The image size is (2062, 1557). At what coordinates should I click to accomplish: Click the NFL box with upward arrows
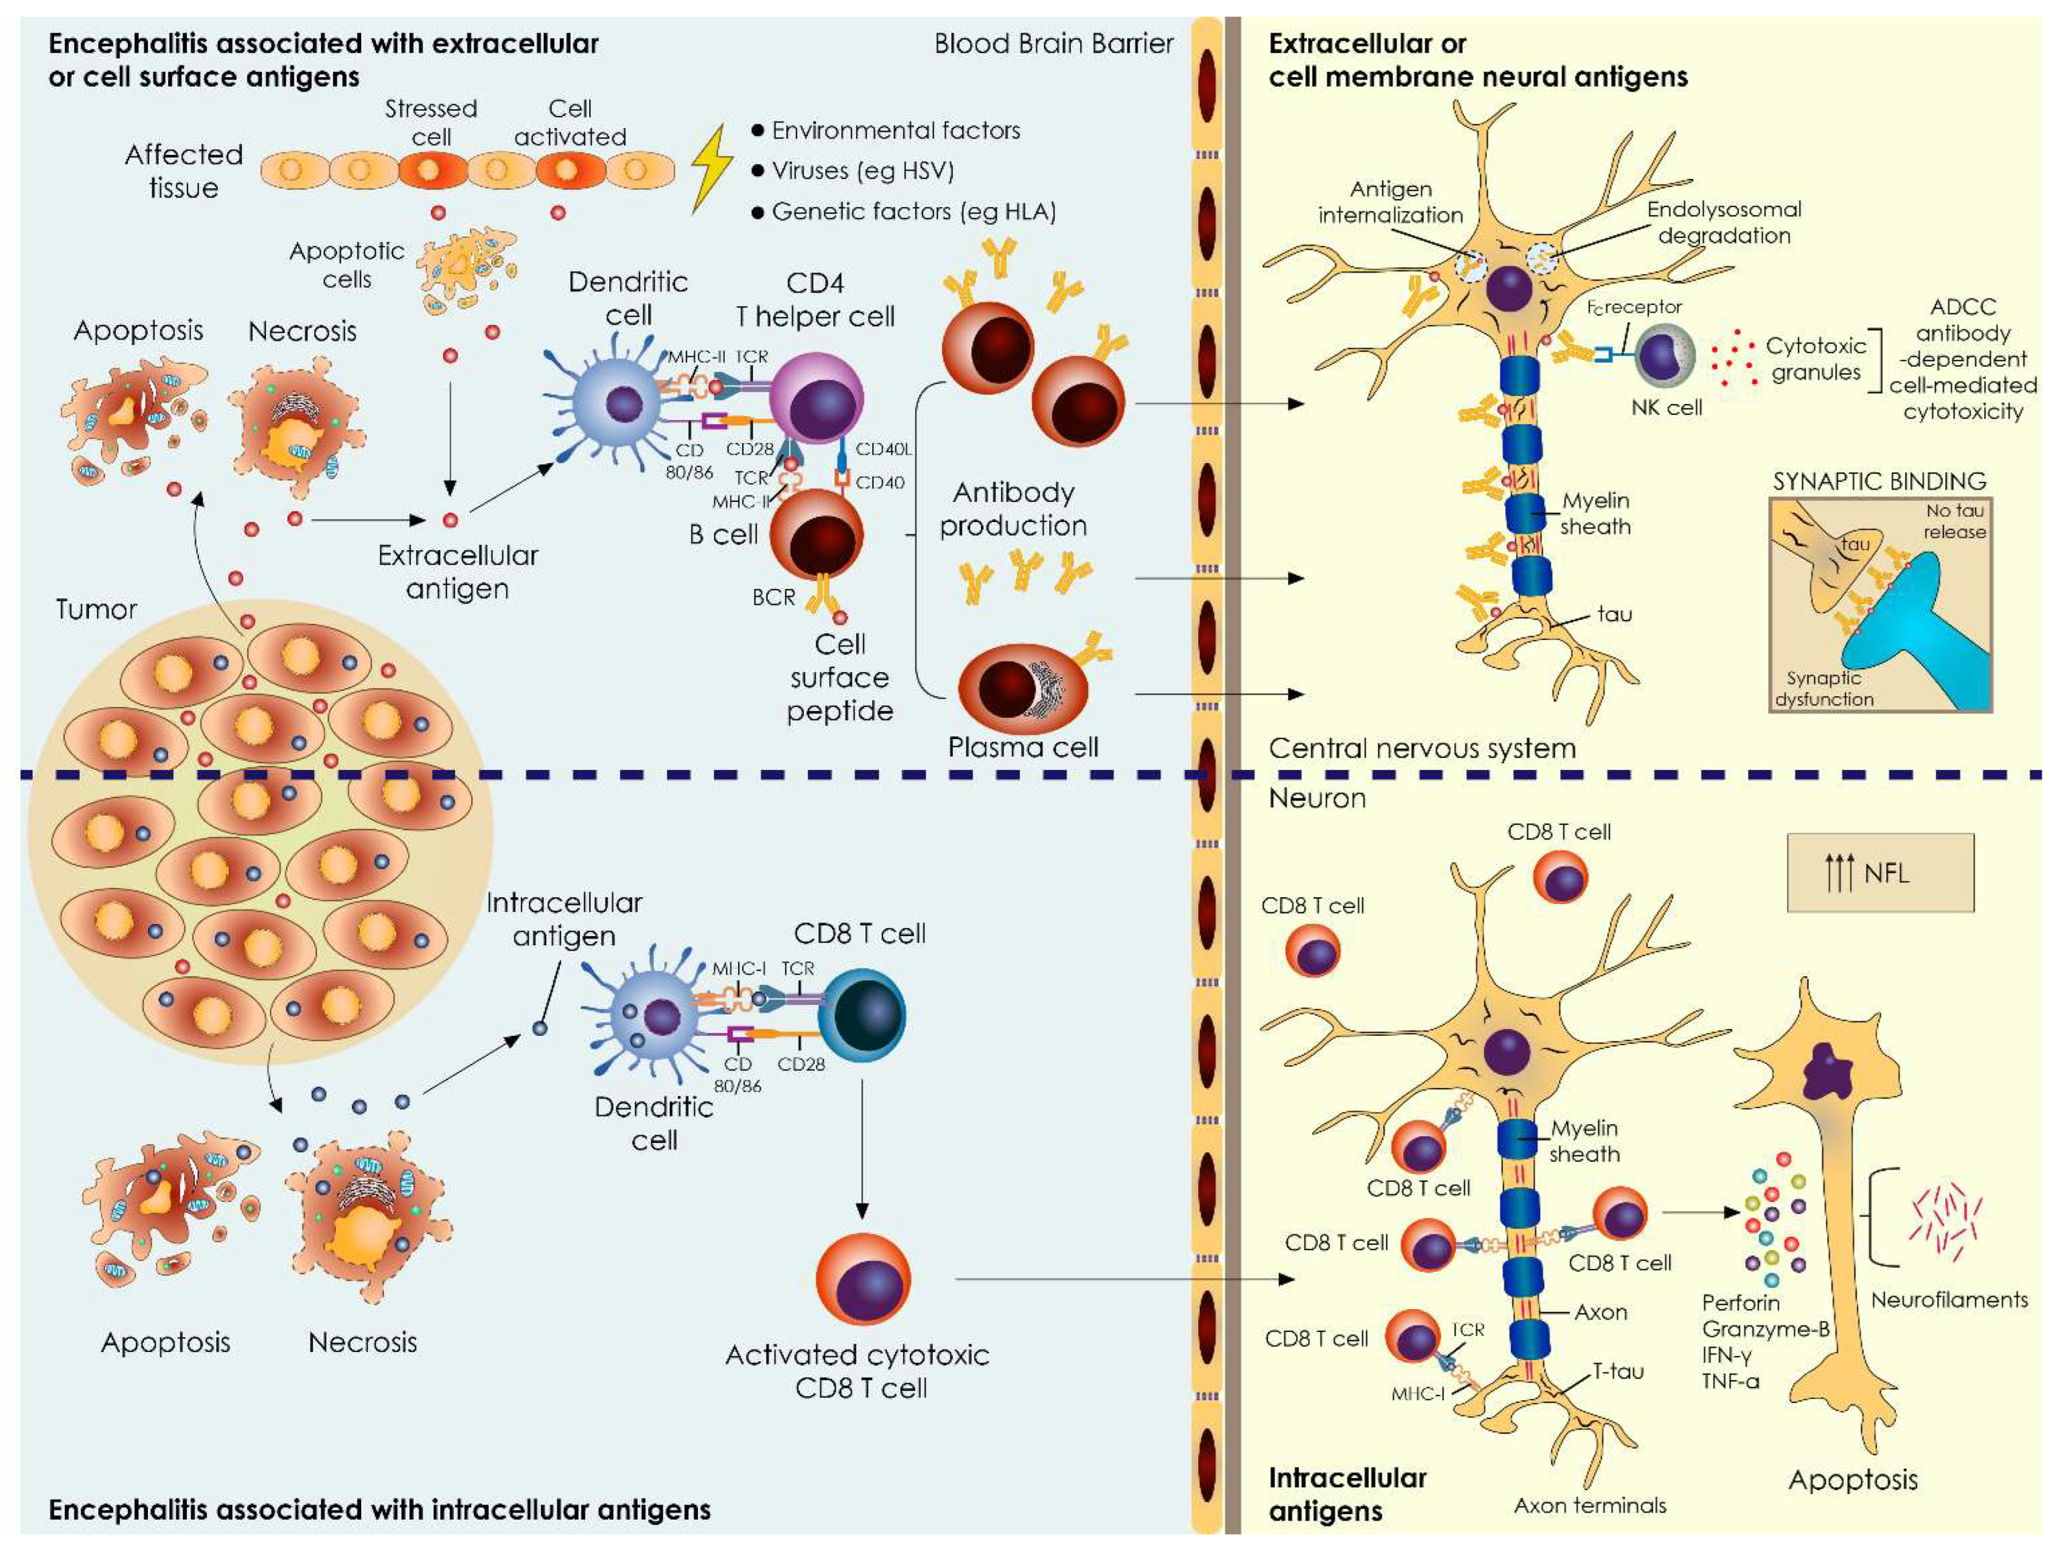(1879, 872)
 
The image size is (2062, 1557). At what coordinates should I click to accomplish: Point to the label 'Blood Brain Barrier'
(1053, 44)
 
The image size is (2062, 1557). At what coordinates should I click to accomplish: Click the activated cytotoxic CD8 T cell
(862, 1279)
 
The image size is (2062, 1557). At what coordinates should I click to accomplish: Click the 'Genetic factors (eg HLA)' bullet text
(914, 212)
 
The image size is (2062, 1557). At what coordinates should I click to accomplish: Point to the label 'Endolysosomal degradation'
(1724, 222)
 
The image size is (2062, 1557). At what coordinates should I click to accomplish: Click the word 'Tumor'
(96, 610)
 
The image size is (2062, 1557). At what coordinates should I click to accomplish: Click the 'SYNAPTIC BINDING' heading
(1878, 481)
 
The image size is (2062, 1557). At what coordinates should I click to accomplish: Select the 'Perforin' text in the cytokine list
(1740, 1302)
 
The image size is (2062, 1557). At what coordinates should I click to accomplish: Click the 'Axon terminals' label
(1589, 1505)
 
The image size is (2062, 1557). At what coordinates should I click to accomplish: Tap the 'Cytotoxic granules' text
(1815, 359)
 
